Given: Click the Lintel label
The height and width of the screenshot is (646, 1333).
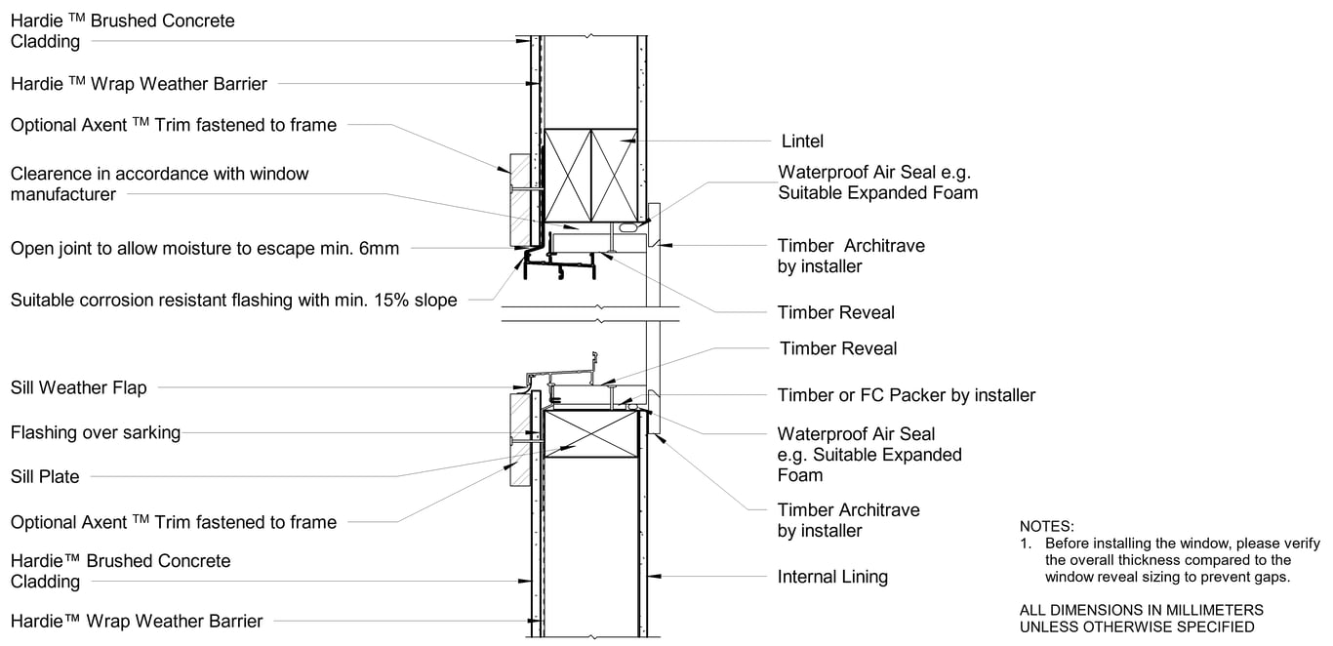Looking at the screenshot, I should click(802, 141).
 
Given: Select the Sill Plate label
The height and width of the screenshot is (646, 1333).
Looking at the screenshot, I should click(45, 476).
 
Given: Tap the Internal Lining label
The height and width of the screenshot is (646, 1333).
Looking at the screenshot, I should click(832, 577).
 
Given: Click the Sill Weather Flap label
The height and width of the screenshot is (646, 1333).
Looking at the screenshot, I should click(78, 387).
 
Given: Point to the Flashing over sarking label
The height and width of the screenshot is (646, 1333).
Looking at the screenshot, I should click(96, 432).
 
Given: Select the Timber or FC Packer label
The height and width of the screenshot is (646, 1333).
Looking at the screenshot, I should click(906, 395).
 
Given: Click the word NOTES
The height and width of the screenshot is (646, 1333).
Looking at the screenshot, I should click(1046, 526).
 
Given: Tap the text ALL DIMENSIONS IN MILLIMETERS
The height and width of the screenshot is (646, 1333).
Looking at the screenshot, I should click(1141, 610).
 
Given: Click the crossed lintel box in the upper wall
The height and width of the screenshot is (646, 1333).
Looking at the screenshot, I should click(590, 176).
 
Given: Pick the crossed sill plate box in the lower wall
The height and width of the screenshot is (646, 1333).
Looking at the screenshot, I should click(590, 433).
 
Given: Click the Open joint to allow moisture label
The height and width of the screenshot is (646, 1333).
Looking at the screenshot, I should click(204, 248).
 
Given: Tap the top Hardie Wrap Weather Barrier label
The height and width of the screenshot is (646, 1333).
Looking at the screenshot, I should click(139, 84).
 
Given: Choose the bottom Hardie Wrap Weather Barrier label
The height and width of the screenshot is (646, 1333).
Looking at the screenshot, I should click(137, 621).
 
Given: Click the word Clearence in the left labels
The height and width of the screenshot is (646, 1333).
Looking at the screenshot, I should click(55, 174).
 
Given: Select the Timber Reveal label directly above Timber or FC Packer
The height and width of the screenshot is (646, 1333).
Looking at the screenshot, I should click(837, 348).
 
